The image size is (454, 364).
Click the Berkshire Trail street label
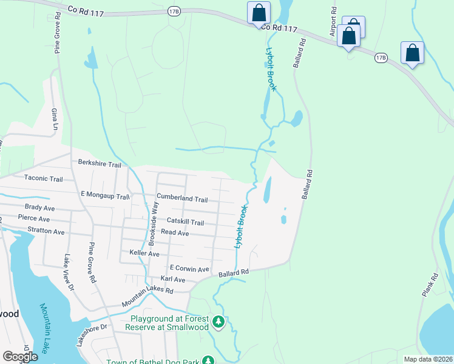(x=100, y=164)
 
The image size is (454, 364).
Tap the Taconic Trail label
(x=43, y=179)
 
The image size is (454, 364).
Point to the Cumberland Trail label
(x=182, y=199)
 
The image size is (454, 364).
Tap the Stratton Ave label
(x=46, y=232)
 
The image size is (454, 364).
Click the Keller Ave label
(x=144, y=253)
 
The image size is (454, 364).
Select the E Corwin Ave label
(x=189, y=268)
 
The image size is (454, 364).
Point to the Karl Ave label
(x=172, y=280)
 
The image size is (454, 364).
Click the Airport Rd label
(x=333, y=22)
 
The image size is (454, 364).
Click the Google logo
(x=20, y=357)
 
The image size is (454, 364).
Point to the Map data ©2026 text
(x=427, y=359)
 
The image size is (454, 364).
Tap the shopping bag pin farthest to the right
(x=413, y=53)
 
